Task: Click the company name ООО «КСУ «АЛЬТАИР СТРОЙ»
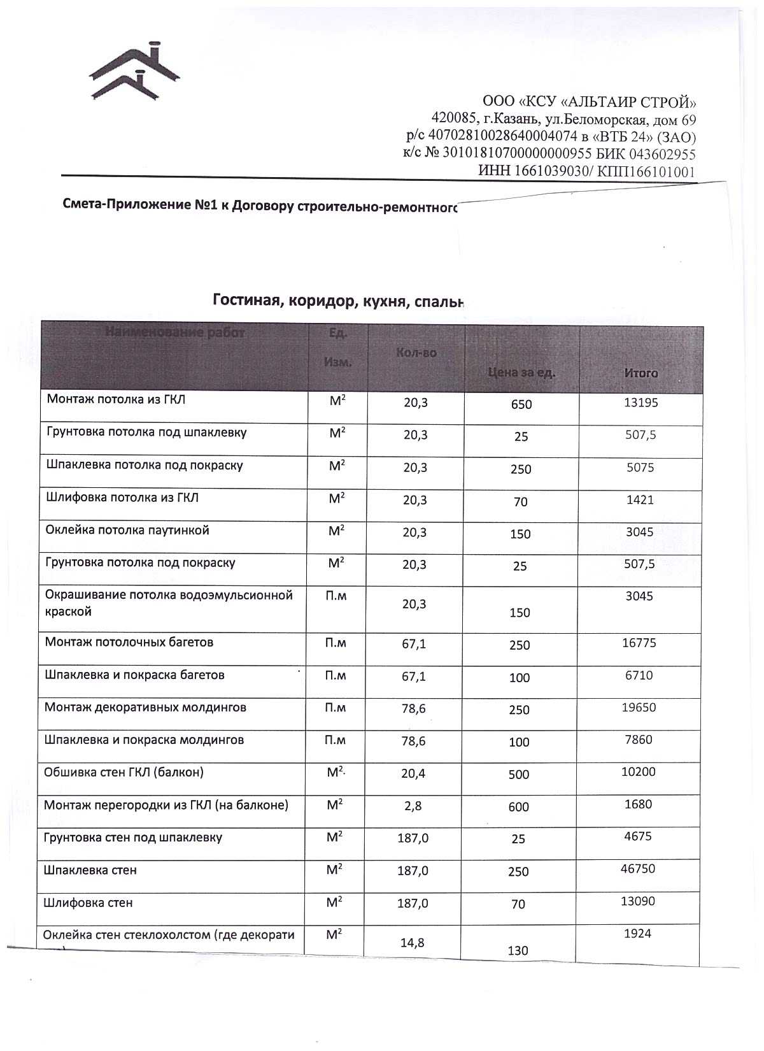pos(590,102)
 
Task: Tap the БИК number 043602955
pos(662,154)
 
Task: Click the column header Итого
pos(640,373)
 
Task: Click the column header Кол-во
pos(416,352)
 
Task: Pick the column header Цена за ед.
pos(521,373)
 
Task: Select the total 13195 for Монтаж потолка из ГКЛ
pos(640,403)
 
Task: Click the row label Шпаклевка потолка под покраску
pos(145,465)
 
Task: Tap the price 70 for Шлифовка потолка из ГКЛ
pos(521,502)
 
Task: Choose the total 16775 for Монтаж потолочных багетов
pos(639,643)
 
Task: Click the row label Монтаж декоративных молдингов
pos(145,708)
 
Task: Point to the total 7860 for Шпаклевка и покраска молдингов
pos(639,740)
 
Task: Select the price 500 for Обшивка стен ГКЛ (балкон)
pos(519,775)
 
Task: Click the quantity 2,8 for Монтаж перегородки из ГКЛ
pos(413,806)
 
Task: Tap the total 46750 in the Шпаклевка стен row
pos(638,869)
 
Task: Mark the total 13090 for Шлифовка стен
pos(638,901)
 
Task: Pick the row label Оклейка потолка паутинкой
pos(127,530)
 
